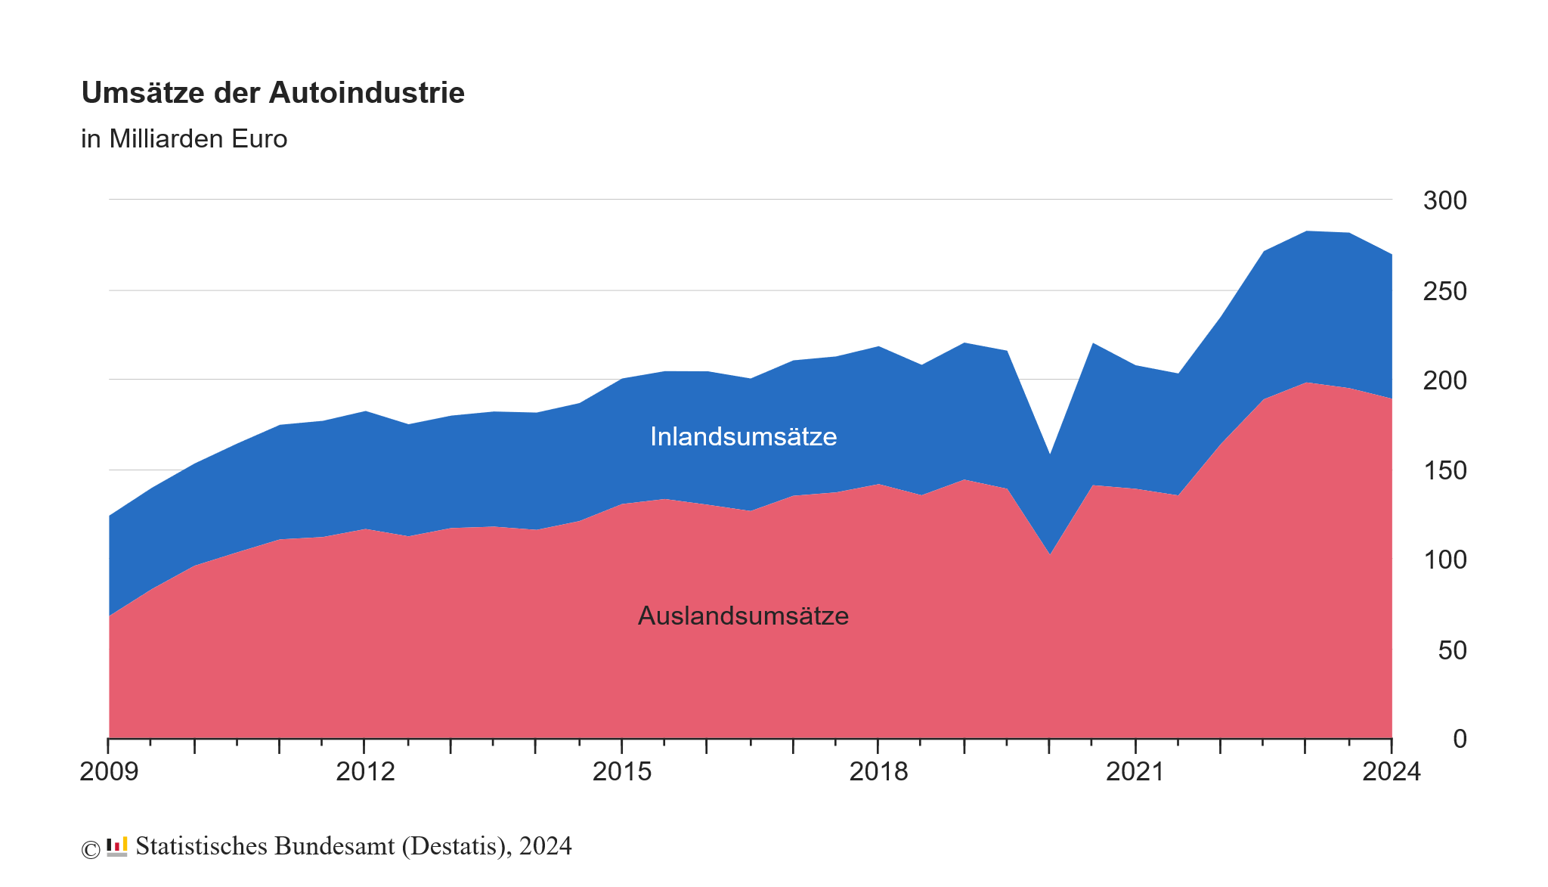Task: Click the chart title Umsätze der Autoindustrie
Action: click(x=273, y=93)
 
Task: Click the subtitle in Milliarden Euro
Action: click(x=184, y=139)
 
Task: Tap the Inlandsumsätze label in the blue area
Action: click(x=743, y=437)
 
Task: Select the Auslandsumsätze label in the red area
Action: click(x=743, y=616)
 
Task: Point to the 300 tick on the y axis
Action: click(x=1444, y=201)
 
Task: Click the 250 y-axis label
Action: click(x=1444, y=291)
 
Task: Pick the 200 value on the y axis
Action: click(x=1444, y=380)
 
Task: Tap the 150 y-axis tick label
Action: click(x=1444, y=471)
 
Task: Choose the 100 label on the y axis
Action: click(x=1444, y=560)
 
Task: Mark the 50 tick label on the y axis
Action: click(x=1451, y=650)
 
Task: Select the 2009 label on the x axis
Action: click(x=109, y=772)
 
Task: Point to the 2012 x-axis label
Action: click(x=365, y=772)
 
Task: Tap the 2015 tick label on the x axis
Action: click(x=621, y=772)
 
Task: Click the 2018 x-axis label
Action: click(x=878, y=772)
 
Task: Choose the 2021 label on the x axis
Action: click(x=1135, y=772)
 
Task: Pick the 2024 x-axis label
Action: click(x=1391, y=772)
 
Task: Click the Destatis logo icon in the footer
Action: click(x=117, y=846)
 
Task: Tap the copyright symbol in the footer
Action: click(x=91, y=850)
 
